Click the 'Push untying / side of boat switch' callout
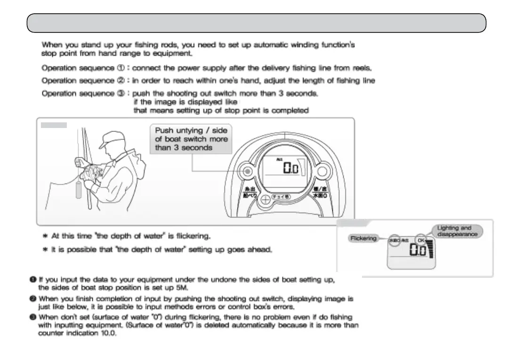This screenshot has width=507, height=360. [191, 138]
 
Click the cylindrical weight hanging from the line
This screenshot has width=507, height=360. [79, 192]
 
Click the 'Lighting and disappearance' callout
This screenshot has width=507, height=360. [457, 231]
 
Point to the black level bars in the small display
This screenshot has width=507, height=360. [431, 249]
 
